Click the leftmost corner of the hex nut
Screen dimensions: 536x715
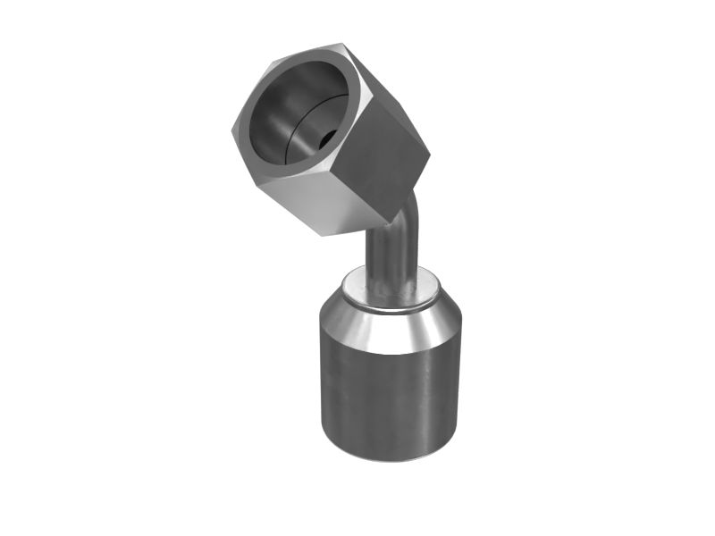[x=231, y=130]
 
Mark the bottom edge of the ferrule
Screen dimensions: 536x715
[x=391, y=460]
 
